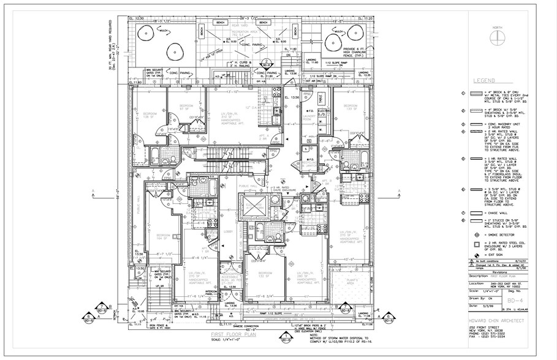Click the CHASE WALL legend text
tap(493, 213)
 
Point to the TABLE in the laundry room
tap(321, 99)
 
